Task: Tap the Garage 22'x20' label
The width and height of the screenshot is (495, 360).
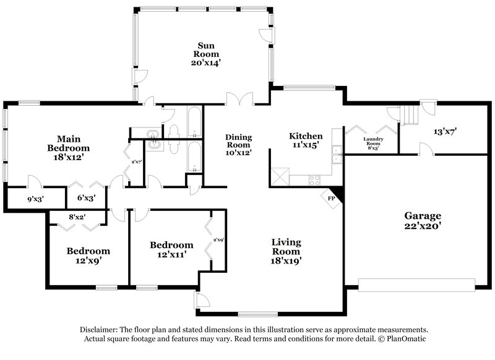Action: coord(423,221)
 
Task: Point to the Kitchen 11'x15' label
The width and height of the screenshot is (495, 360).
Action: coord(306,141)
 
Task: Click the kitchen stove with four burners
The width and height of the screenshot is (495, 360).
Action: coord(314,180)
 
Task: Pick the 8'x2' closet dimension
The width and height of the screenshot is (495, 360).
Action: coord(76,217)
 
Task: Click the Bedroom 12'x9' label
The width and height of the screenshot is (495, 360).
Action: coord(88,256)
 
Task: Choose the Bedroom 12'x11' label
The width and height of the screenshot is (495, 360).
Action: coord(171,249)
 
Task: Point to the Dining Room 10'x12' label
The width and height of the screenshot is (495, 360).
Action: coord(238,145)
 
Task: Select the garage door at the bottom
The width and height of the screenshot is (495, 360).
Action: coord(416,286)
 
